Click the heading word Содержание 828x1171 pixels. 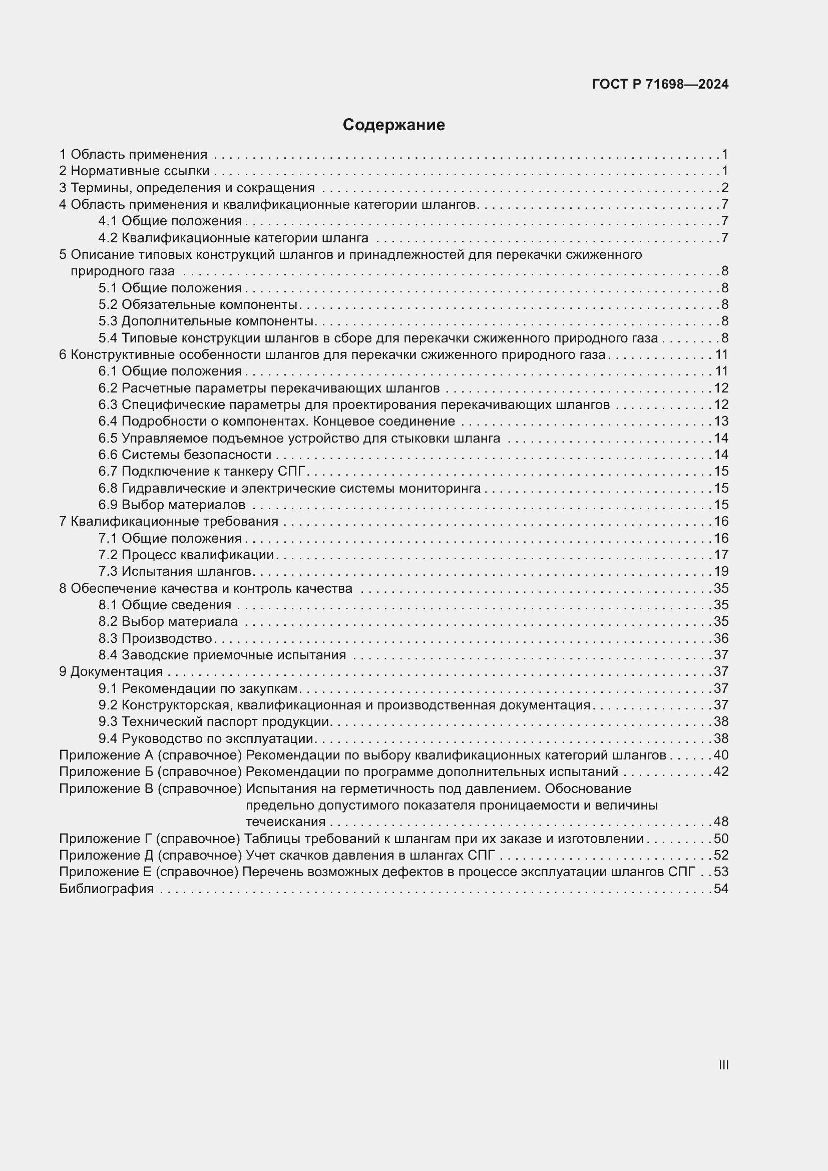[x=393, y=125]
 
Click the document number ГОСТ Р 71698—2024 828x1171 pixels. [x=660, y=85]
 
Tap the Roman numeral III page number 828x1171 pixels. [x=723, y=1065]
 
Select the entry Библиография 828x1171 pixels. [x=107, y=889]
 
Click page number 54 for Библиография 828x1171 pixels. [x=721, y=889]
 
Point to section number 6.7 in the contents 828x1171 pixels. [x=108, y=471]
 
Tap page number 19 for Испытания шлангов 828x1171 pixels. [x=721, y=571]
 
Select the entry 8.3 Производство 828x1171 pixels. [x=156, y=638]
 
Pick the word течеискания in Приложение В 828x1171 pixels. [x=285, y=822]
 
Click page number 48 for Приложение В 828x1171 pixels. [x=721, y=822]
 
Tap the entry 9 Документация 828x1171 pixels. [x=111, y=672]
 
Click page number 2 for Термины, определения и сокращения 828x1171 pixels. [x=724, y=188]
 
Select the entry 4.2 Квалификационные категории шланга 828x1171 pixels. [x=233, y=238]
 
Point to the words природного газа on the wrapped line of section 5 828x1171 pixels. [x=122, y=271]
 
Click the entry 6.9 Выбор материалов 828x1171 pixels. [x=172, y=505]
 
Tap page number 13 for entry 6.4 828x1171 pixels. [x=721, y=421]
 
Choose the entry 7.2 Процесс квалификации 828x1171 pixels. [x=186, y=555]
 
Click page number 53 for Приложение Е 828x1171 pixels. [x=721, y=872]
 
